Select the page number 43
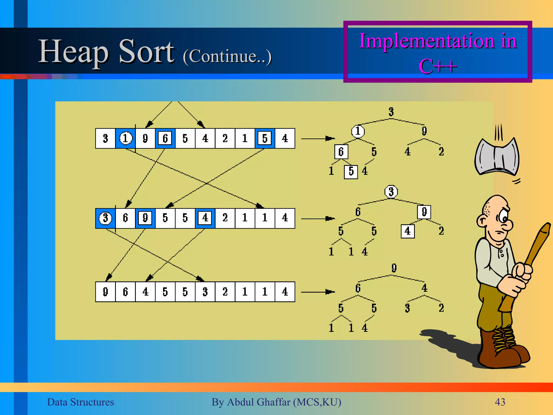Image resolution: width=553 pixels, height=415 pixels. click(x=500, y=402)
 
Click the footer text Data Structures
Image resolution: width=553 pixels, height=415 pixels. click(x=80, y=402)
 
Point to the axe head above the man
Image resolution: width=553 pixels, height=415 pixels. click(x=497, y=157)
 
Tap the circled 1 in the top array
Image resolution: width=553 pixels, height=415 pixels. click(x=126, y=138)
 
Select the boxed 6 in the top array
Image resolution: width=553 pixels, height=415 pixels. click(x=165, y=138)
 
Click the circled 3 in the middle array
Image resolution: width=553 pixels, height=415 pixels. click(x=106, y=218)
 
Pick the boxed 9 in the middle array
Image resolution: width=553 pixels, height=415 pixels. click(x=145, y=218)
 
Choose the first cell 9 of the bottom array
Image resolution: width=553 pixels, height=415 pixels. click(x=106, y=292)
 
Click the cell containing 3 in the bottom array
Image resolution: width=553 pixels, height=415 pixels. click(x=205, y=292)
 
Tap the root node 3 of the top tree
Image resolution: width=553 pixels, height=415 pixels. click(x=391, y=112)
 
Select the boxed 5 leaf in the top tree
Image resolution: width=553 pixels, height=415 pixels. click(x=351, y=172)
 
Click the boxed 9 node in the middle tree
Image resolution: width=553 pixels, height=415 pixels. click(x=424, y=212)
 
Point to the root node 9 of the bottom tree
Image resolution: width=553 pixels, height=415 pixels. click(x=394, y=268)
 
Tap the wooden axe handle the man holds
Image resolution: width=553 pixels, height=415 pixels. click(x=537, y=249)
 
